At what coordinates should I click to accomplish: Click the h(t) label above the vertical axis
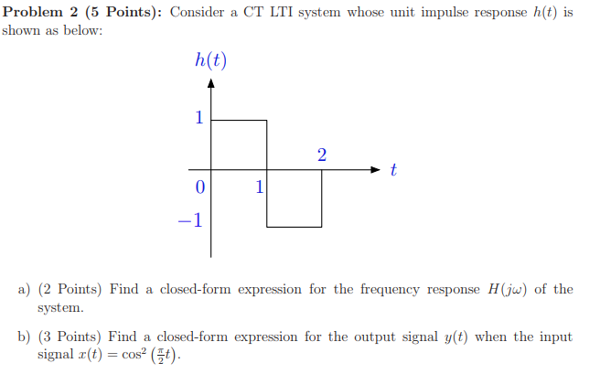(x=210, y=61)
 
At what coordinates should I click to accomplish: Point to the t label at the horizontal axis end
(x=393, y=169)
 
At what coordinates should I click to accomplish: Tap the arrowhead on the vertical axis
(x=212, y=84)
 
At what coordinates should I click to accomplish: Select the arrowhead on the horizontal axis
(x=376, y=169)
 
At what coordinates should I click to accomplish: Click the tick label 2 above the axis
(x=321, y=155)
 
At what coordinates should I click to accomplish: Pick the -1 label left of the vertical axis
(x=192, y=220)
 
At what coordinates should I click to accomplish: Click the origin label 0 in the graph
(x=198, y=187)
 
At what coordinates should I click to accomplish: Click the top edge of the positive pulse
(x=240, y=120)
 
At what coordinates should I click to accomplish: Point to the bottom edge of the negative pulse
(x=295, y=226)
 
